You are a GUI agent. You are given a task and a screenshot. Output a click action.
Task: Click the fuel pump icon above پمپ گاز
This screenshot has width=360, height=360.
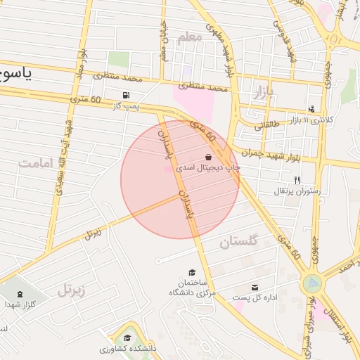click(x=125, y=96)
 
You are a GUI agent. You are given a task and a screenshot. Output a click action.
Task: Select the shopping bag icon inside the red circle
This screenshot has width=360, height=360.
click(x=209, y=157)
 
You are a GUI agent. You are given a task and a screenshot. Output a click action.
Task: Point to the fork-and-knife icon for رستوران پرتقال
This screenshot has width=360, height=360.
click(x=296, y=180)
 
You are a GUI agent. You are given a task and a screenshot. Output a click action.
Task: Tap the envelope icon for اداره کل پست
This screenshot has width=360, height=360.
click(x=254, y=287)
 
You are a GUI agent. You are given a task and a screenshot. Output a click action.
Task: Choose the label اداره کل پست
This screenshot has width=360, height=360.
click(x=255, y=297)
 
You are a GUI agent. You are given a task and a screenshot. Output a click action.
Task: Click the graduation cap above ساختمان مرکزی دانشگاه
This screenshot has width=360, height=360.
click(x=191, y=272)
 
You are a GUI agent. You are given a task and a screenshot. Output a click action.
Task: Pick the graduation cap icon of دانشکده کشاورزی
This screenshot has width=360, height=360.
click(x=128, y=337)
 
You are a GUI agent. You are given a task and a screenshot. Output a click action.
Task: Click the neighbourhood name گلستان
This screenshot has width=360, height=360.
click(x=239, y=243)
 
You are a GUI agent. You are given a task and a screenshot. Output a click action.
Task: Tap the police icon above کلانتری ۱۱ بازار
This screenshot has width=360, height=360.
click(x=312, y=109)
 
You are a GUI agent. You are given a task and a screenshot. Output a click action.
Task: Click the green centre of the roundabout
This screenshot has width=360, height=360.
click(x=311, y=284)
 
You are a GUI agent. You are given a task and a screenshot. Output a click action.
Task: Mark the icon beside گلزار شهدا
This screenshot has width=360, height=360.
click(x=19, y=293)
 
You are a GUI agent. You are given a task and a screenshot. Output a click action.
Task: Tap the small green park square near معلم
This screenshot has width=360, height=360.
click(x=119, y=60)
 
